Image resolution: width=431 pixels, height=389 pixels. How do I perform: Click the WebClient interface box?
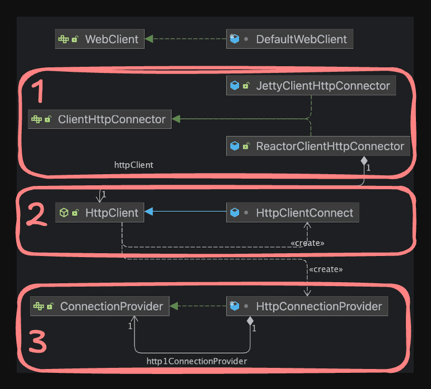coord(100,40)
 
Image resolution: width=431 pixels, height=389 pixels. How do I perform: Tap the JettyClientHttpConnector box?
coord(311,86)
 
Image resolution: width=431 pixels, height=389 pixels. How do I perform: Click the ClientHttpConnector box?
coord(100,119)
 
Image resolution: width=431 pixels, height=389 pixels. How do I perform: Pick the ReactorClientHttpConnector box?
coord(318,146)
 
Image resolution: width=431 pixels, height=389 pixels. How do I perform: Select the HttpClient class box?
coord(100,213)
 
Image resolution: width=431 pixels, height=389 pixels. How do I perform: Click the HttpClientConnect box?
coord(293,213)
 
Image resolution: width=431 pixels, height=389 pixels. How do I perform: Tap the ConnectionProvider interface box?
coord(100,306)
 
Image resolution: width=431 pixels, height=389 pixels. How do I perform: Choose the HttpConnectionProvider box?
coord(307,306)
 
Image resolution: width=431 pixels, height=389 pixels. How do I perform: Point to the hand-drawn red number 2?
coord(37,215)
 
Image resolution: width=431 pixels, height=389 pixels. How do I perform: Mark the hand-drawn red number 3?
coord(37,342)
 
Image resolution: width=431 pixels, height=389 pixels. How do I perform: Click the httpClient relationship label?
coord(133,165)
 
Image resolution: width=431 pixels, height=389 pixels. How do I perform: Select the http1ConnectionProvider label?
coord(196,361)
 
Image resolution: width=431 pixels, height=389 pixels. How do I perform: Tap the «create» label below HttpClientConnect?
coord(307,243)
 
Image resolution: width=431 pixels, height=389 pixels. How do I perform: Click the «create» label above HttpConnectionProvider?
coord(326,269)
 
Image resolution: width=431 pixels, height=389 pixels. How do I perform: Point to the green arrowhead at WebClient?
coord(149,39)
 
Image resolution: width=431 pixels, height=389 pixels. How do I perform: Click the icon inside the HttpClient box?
coord(64,213)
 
